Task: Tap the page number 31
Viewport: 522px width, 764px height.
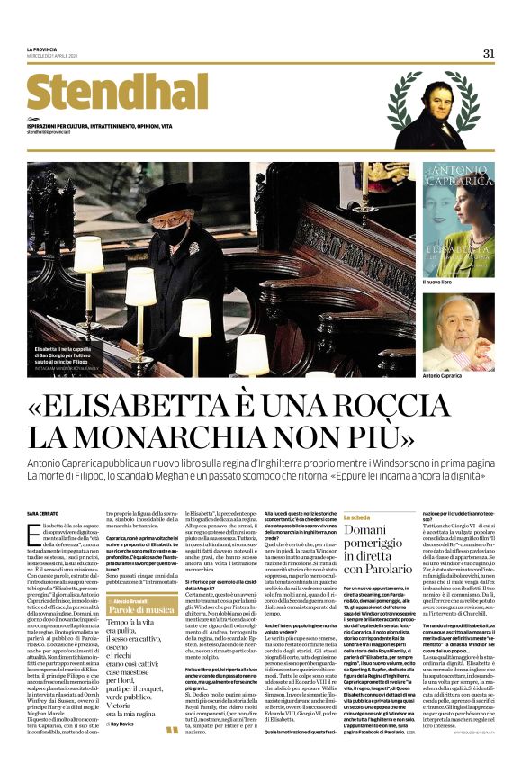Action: coord(489,54)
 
